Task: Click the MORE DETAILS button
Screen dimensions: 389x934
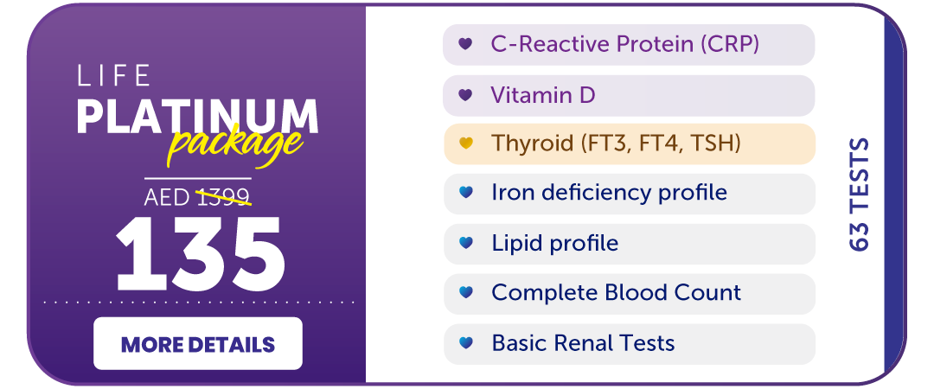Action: pos(198,344)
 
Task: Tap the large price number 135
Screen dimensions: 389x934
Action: pos(200,253)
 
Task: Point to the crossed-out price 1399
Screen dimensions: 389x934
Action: pos(223,197)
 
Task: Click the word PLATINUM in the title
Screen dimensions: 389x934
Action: pos(197,116)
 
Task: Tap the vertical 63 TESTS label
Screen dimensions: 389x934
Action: pos(859,194)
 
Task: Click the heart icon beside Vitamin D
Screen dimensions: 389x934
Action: pos(465,95)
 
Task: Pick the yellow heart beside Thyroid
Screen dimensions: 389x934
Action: pos(465,143)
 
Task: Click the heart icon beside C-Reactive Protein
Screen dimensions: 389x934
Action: pos(465,44)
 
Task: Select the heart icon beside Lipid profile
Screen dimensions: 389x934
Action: pos(465,244)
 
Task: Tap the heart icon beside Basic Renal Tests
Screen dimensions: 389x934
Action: pos(465,343)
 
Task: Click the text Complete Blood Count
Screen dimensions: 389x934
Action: pos(616,293)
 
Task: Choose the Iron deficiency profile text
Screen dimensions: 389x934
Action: pos(609,193)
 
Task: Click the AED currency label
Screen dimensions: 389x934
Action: pos(167,197)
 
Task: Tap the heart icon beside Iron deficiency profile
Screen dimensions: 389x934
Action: pos(465,193)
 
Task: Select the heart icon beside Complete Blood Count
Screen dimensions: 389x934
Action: pos(465,293)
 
